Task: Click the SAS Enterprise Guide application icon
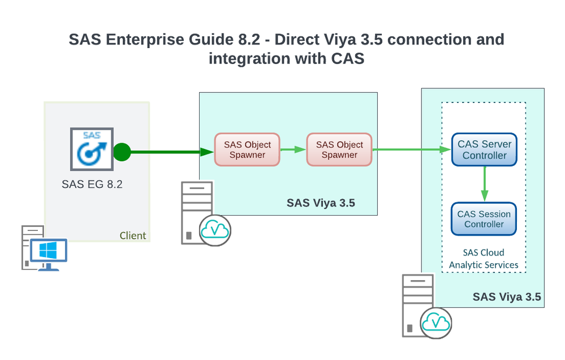pos(91,149)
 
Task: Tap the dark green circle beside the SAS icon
pos(122,152)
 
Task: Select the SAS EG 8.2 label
pos(92,184)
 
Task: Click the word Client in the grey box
pos(133,235)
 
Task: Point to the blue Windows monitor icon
pos(49,252)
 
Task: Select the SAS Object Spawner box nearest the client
pos(247,150)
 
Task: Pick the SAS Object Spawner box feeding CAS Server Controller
pos(339,150)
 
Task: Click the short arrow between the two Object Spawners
pos(293,150)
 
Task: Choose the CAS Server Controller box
pos(484,150)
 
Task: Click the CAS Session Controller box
pos(484,219)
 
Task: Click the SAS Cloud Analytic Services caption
pos(484,259)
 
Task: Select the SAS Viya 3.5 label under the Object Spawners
pos(321,203)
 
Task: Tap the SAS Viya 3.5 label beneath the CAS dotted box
pos(506,297)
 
